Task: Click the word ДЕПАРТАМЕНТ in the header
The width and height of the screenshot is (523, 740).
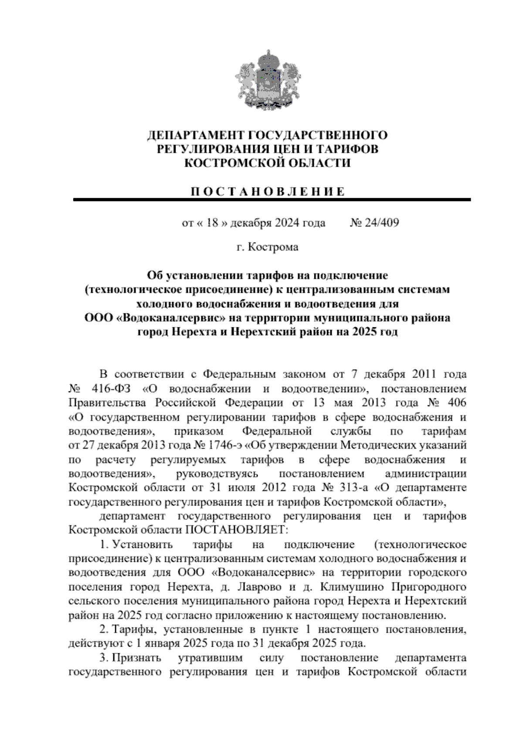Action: tap(190, 135)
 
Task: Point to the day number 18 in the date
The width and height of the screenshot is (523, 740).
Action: tap(212, 223)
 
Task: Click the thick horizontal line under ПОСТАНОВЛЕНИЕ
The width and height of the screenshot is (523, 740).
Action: tap(272, 199)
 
